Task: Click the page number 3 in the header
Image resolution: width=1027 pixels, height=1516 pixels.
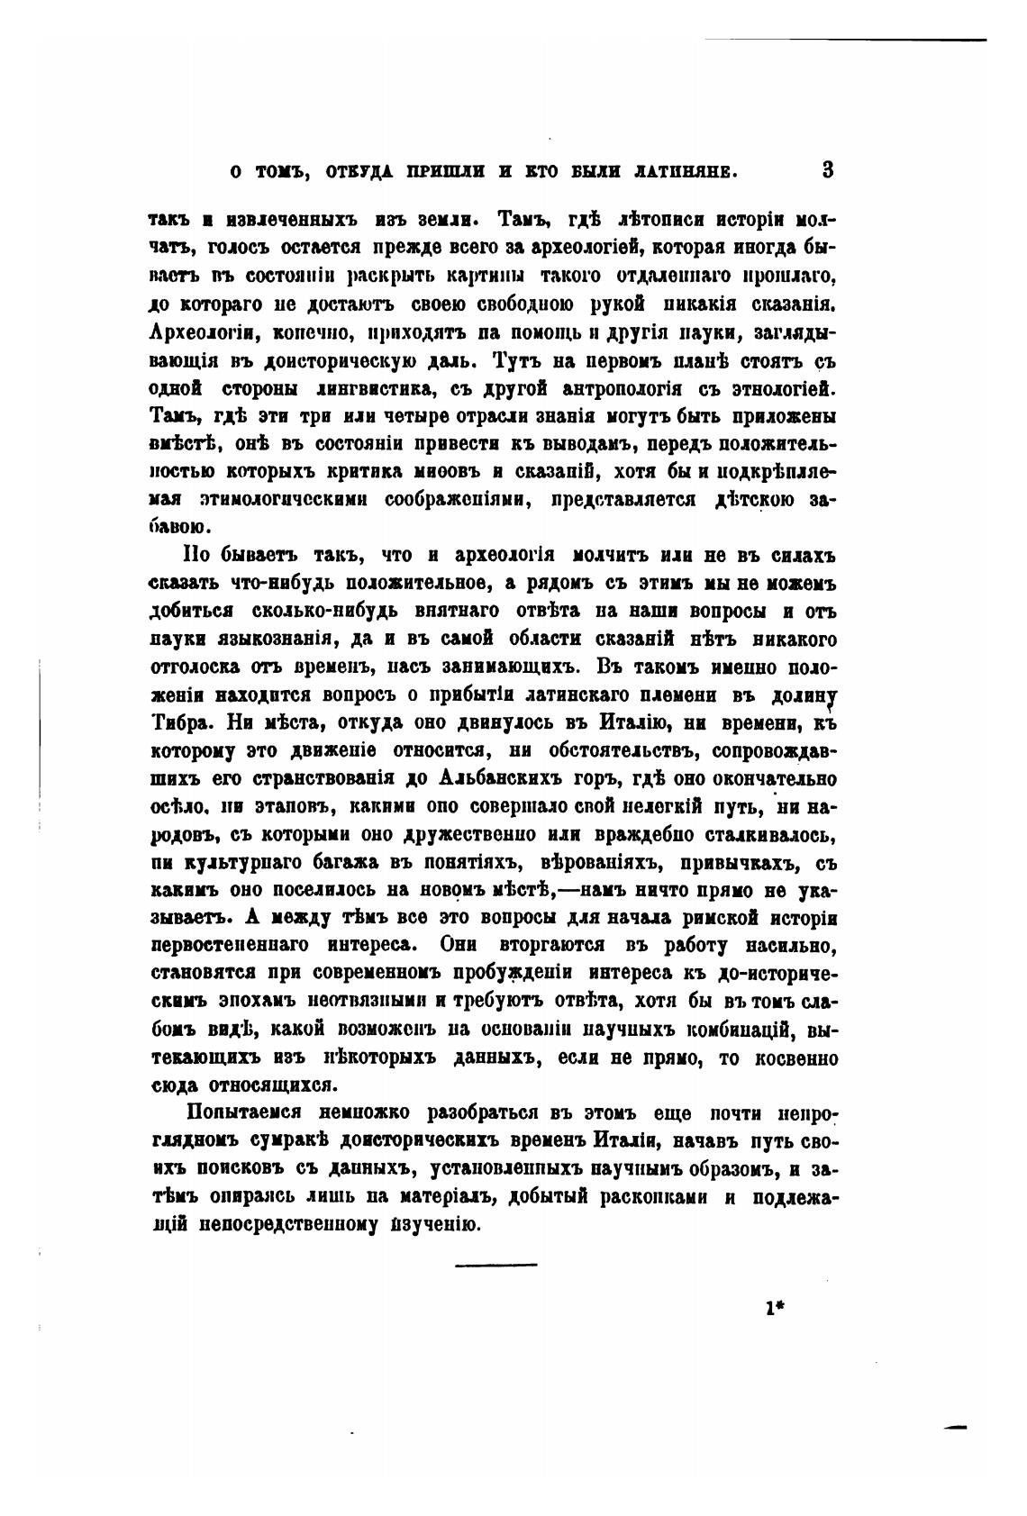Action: (828, 169)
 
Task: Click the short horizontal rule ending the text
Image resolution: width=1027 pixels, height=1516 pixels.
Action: (495, 1265)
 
